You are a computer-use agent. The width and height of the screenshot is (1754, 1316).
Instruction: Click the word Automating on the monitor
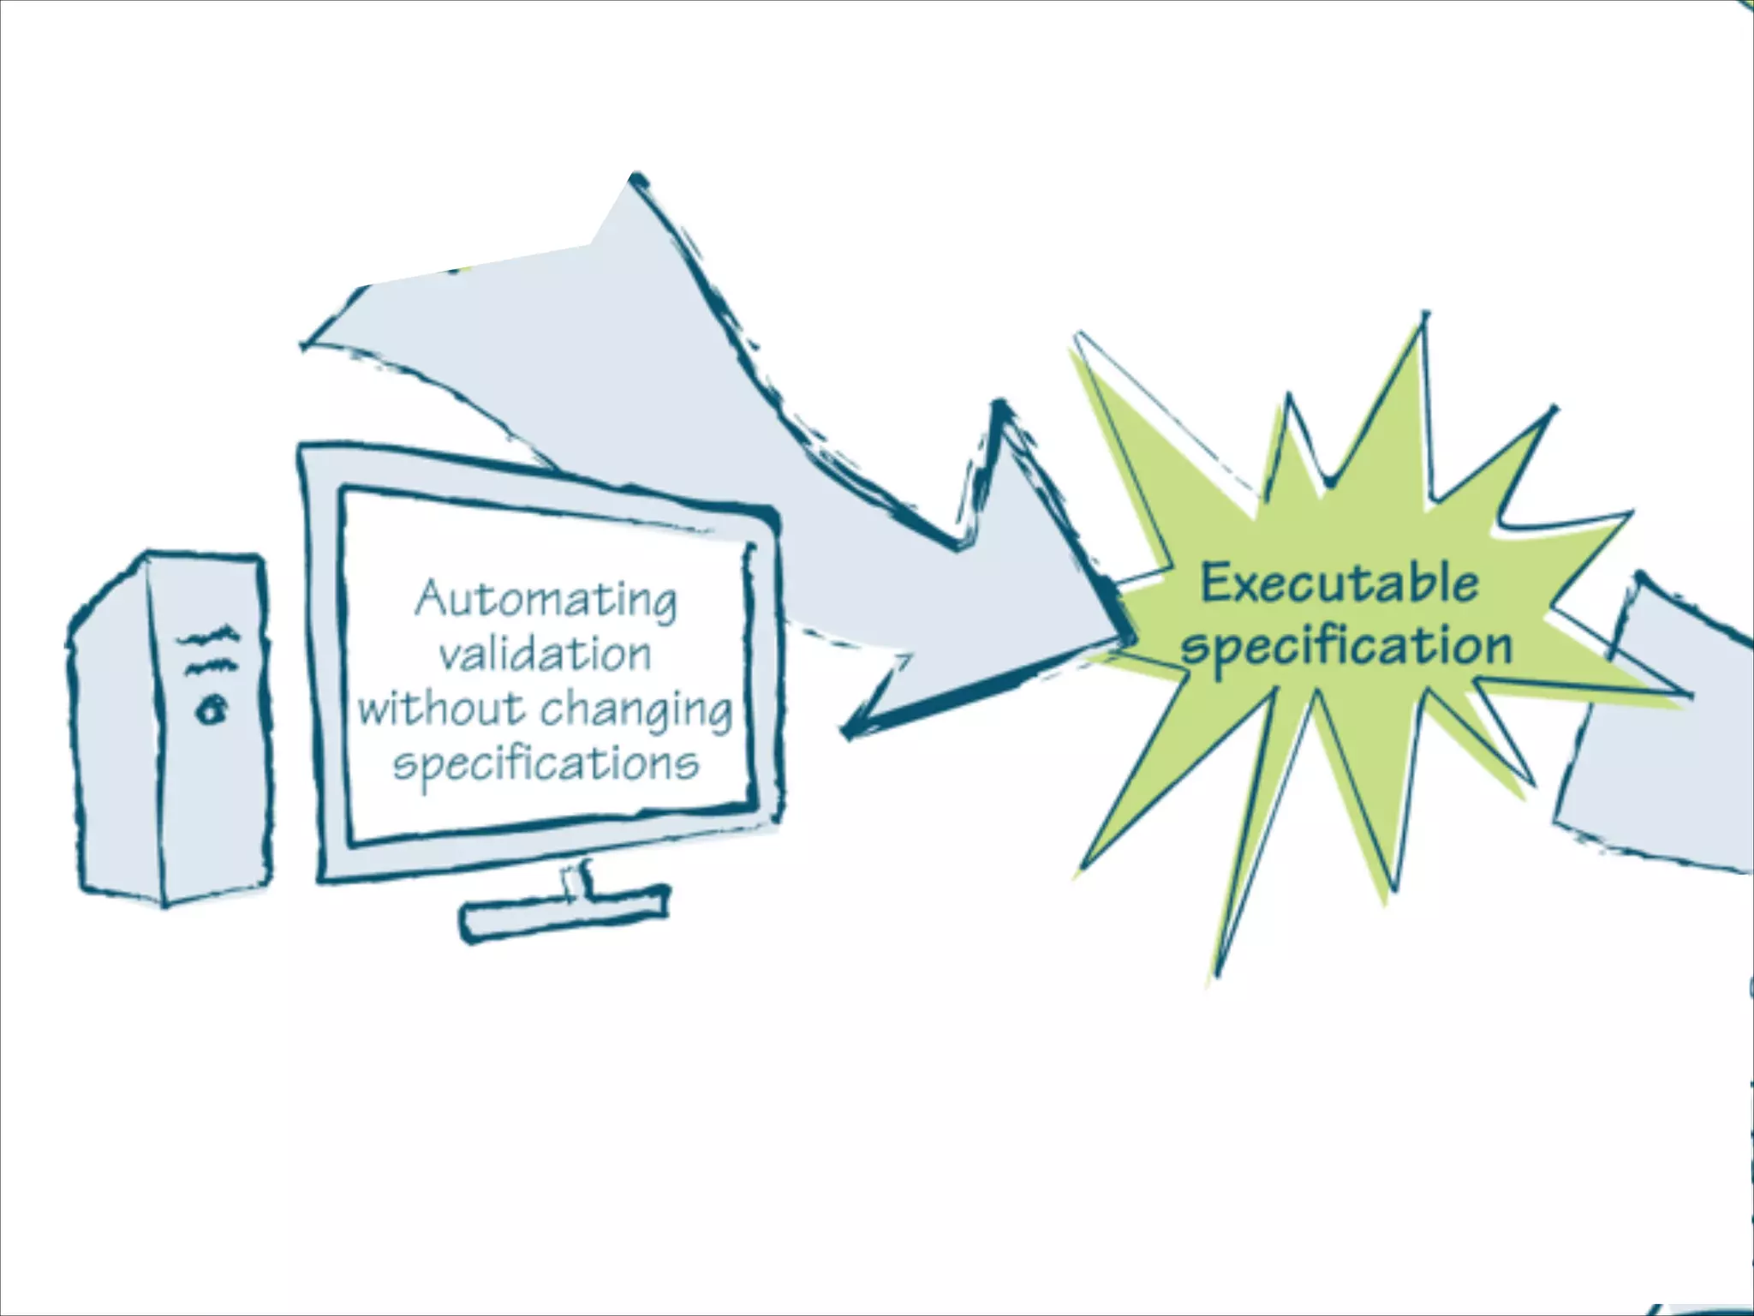546,599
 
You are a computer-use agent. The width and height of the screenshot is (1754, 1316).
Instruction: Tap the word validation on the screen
546,655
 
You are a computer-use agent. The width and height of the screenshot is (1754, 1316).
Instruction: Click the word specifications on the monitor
546,763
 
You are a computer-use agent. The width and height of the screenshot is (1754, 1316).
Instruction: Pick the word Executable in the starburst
1339,583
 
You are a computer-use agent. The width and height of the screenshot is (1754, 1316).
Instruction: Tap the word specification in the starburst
1345,647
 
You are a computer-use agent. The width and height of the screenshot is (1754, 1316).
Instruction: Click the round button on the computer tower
212,709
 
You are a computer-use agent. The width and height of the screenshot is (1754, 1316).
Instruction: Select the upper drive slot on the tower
207,637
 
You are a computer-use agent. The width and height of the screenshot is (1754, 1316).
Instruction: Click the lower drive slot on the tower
207,667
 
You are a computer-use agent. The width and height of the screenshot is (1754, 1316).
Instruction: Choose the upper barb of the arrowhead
999,408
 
